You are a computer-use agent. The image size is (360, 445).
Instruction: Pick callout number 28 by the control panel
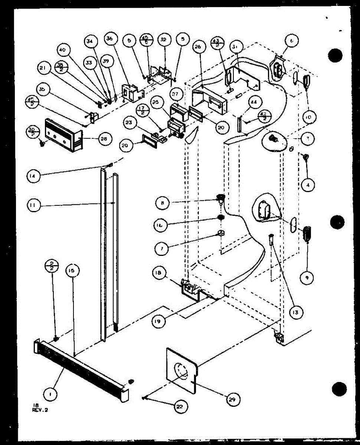(x=103, y=139)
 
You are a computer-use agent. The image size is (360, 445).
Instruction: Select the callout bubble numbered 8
(x=163, y=203)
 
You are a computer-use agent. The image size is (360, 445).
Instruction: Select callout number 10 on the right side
(x=309, y=117)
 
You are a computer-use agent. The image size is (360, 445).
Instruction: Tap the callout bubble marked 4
(x=308, y=184)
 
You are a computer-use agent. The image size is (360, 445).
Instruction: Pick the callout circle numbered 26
(x=198, y=47)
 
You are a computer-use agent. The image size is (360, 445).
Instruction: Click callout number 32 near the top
(x=163, y=39)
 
